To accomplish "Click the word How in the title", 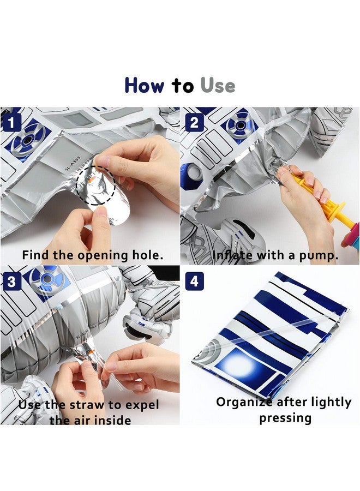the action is point(145,85).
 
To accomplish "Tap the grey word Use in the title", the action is point(218,85).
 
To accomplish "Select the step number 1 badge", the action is point(11,123).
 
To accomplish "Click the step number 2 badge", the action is point(194,123).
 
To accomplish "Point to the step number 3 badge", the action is point(11,282).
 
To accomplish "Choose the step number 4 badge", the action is point(194,282).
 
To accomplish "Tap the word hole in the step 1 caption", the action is point(147,255).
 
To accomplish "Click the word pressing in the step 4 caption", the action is point(285,418).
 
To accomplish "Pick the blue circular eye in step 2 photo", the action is point(240,125).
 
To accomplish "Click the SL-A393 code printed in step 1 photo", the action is point(73,164).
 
